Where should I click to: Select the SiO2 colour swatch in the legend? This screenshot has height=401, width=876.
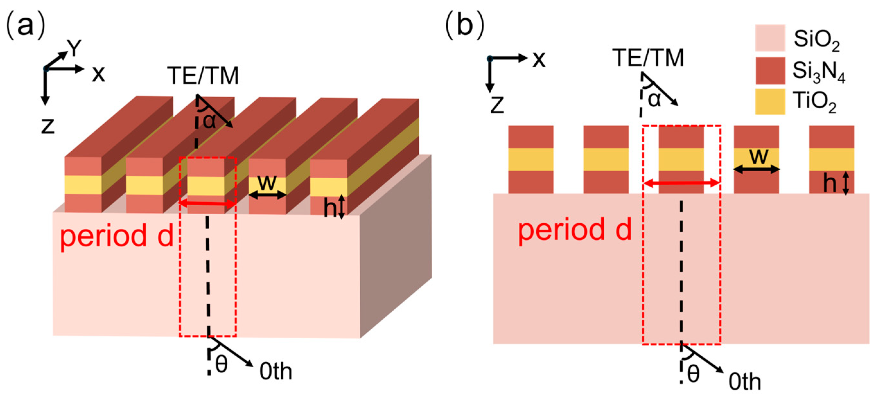(x=770, y=38)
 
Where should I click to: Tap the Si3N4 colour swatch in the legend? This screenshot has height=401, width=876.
(x=770, y=70)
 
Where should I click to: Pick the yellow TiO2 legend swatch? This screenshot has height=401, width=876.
(x=770, y=102)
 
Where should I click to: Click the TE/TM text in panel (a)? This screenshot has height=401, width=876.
(x=203, y=76)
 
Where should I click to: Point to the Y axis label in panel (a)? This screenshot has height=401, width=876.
(x=74, y=48)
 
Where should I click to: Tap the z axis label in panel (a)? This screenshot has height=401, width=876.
(x=48, y=126)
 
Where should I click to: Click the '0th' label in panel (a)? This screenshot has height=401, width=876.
(x=276, y=371)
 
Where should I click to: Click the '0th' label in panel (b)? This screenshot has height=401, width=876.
(x=744, y=382)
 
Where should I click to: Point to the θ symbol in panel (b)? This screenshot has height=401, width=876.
(x=693, y=374)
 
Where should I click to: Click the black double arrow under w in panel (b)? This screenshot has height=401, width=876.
(x=756, y=169)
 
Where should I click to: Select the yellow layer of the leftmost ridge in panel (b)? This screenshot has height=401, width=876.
(x=530, y=159)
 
